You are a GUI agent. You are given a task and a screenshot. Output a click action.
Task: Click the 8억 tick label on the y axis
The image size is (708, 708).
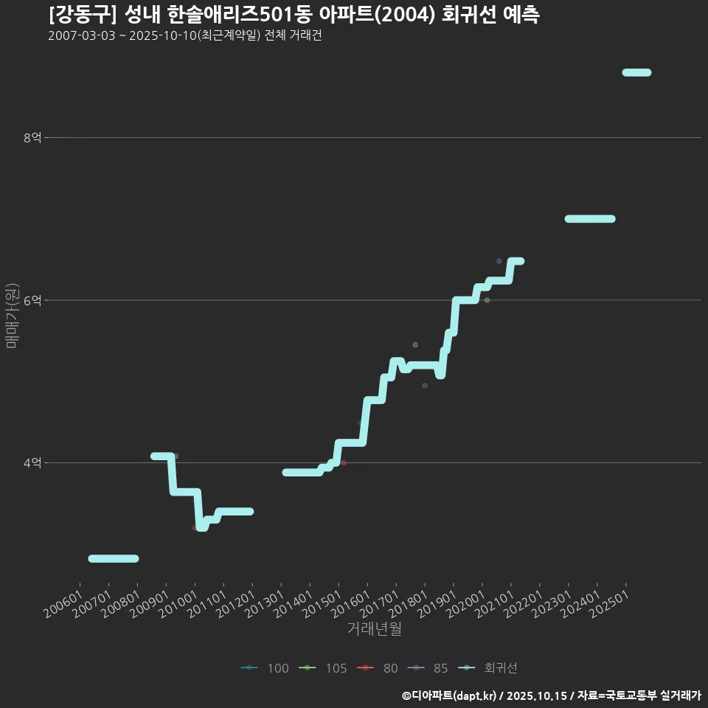click(33, 137)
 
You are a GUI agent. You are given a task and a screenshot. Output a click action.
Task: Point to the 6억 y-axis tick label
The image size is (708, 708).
click(33, 300)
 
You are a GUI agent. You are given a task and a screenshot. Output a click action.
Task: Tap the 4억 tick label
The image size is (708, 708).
click(33, 463)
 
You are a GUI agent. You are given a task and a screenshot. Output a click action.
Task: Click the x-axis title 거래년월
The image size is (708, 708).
click(374, 629)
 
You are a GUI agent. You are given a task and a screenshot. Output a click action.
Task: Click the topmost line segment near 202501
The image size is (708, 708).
click(636, 72)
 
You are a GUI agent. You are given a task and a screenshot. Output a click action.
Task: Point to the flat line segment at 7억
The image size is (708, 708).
click(589, 219)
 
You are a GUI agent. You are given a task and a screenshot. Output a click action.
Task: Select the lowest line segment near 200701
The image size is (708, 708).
click(113, 558)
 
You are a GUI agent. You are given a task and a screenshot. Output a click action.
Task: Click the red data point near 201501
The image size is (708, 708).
click(344, 462)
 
